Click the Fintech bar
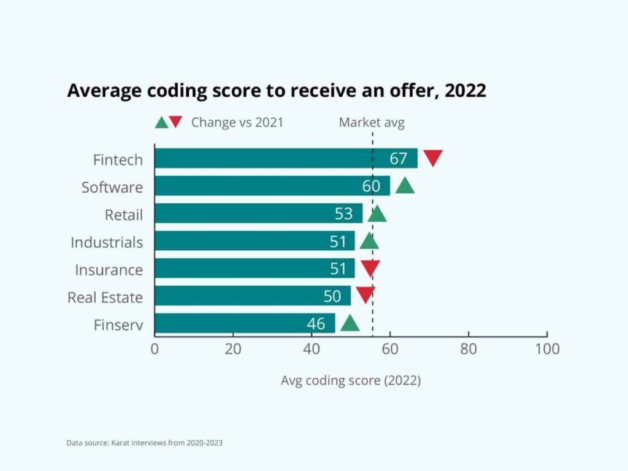coord(270,158)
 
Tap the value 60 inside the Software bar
coord(371,186)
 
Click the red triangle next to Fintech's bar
coord(433,158)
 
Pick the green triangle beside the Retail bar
coord(377,213)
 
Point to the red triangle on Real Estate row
coord(366,295)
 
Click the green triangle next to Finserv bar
coord(350,323)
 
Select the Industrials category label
coord(107,242)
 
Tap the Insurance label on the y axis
coord(109,270)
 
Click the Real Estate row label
coord(105,297)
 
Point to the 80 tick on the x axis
coord(469,349)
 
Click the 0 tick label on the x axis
coord(155,349)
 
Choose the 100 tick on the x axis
coord(546,349)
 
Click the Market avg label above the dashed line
coord(372,122)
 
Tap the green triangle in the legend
coord(161,122)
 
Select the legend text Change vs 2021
coord(237,122)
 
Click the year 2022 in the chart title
coord(465,90)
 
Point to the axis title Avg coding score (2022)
coord(351,380)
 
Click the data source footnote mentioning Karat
coord(145,442)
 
